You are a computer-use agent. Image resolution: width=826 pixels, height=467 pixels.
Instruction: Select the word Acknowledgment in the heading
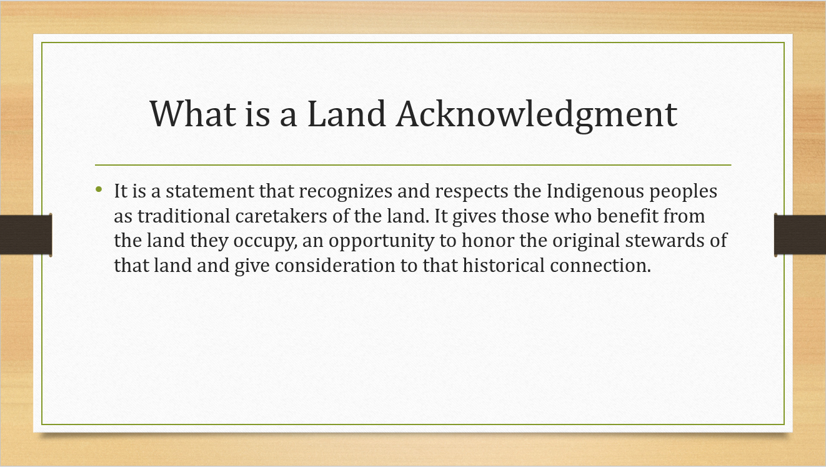(537, 115)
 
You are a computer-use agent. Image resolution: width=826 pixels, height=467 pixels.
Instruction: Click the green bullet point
(99, 189)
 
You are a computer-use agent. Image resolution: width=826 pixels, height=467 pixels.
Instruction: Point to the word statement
(209, 191)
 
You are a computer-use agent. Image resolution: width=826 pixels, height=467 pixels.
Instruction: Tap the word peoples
(684, 193)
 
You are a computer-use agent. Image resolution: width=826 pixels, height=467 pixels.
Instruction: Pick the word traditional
(184, 216)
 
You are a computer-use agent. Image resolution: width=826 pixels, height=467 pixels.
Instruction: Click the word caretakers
(281, 216)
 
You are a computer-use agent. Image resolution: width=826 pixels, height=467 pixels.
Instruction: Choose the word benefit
(627, 216)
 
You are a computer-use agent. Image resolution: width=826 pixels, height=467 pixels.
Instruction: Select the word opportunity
(381, 241)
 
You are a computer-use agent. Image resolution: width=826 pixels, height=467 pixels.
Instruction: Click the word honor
(488, 241)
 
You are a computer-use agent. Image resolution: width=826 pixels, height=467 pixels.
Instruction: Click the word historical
(504, 265)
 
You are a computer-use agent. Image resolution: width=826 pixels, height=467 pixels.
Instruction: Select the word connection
(600, 266)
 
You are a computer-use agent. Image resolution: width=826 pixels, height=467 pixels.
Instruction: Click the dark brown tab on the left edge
(26, 234)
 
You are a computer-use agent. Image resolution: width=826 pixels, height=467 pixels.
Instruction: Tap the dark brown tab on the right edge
(800, 234)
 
